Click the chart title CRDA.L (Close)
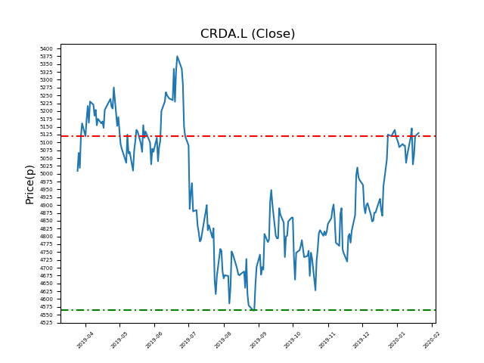[247, 34]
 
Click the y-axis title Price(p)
[30, 184]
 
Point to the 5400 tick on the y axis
[47, 48]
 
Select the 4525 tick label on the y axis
[47, 323]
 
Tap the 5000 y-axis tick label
[47, 174]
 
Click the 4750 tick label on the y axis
[47, 253]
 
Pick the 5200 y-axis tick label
[47, 111]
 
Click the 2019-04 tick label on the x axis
[85, 340]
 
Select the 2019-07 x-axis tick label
[189, 340]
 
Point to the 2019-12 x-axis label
[361, 340]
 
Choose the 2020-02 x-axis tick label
[432, 340]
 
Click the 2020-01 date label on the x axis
[397, 340]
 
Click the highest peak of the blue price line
[178, 56]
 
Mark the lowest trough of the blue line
[253, 309]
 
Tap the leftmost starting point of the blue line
[77, 171]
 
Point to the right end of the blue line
[419, 133]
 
